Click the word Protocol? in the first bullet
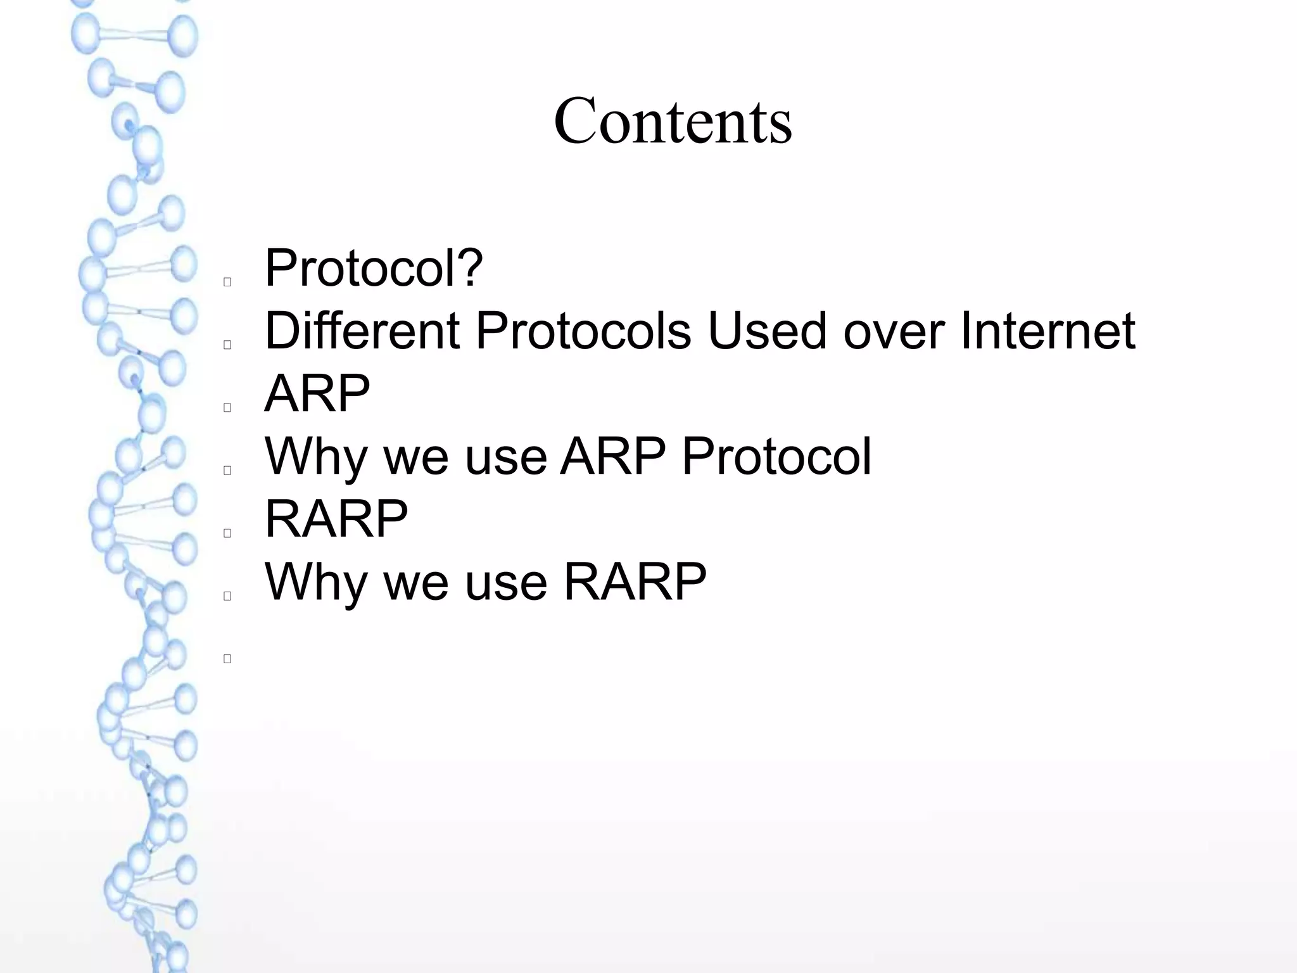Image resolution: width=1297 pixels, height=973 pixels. click(x=374, y=268)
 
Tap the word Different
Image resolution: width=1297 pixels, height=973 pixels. click(x=362, y=331)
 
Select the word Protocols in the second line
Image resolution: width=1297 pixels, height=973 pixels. click(x=583, y=331)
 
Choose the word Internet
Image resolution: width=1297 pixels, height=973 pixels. click(x=1047, y=331)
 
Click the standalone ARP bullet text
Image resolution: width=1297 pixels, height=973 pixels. click(x=317, y=393)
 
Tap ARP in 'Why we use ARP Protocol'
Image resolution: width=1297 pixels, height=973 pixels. click(x=612, y=456)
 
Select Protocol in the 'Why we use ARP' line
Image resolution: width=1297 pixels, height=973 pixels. click(x=776, y=456)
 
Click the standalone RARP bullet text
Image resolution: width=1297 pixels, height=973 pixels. click(x=336, y=519)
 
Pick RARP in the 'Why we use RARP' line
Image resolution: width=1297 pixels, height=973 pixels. click(x=635, y=582)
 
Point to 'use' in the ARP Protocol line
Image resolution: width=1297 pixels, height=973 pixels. click(x=505, y=456)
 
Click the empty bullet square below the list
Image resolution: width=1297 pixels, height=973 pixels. click(x=227, y=659)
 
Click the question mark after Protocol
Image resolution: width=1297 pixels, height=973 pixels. click(x=470, y=268)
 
